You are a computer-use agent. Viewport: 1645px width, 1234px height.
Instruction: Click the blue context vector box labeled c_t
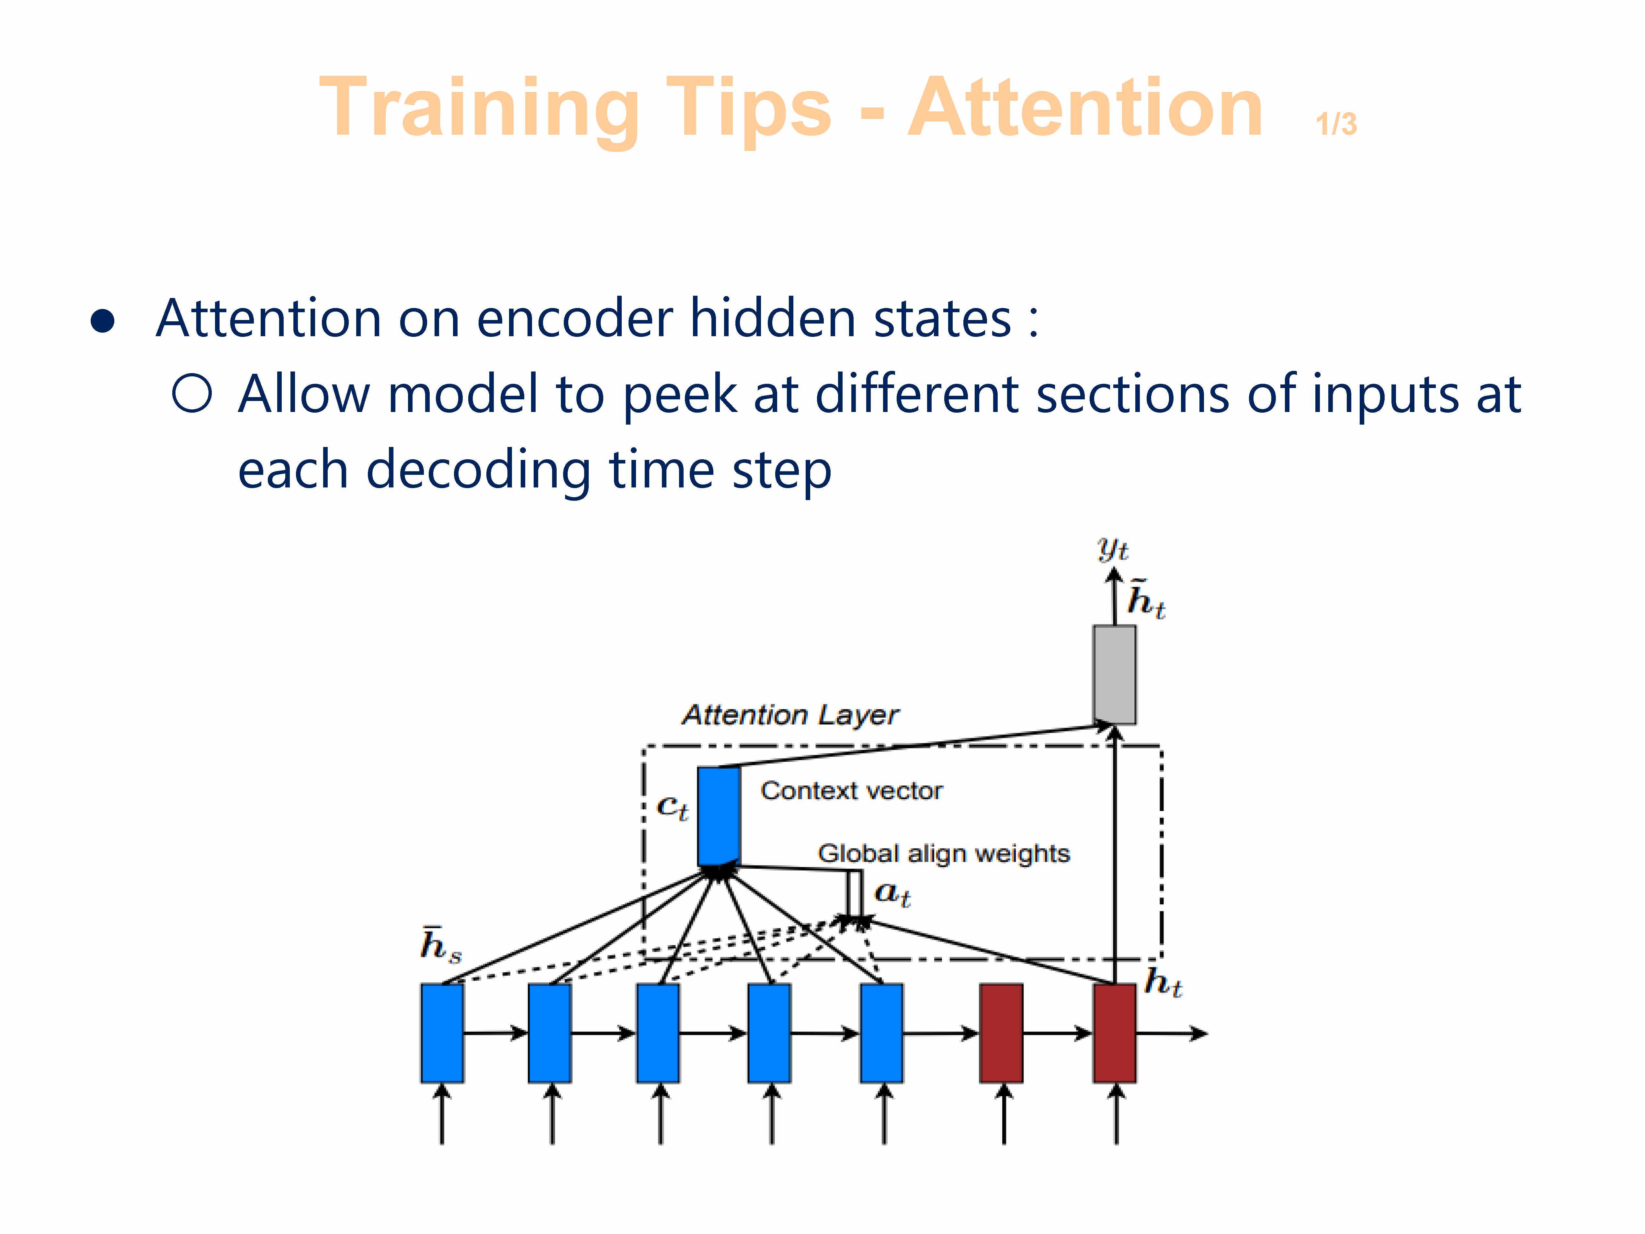pyautogui.click(x=718, y=816)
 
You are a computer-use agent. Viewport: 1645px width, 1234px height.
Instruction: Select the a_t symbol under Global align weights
pyautogui.click(x=892, y=893)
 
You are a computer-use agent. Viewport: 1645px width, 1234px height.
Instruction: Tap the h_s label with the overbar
pyautogui.click(x=440, y=945)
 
